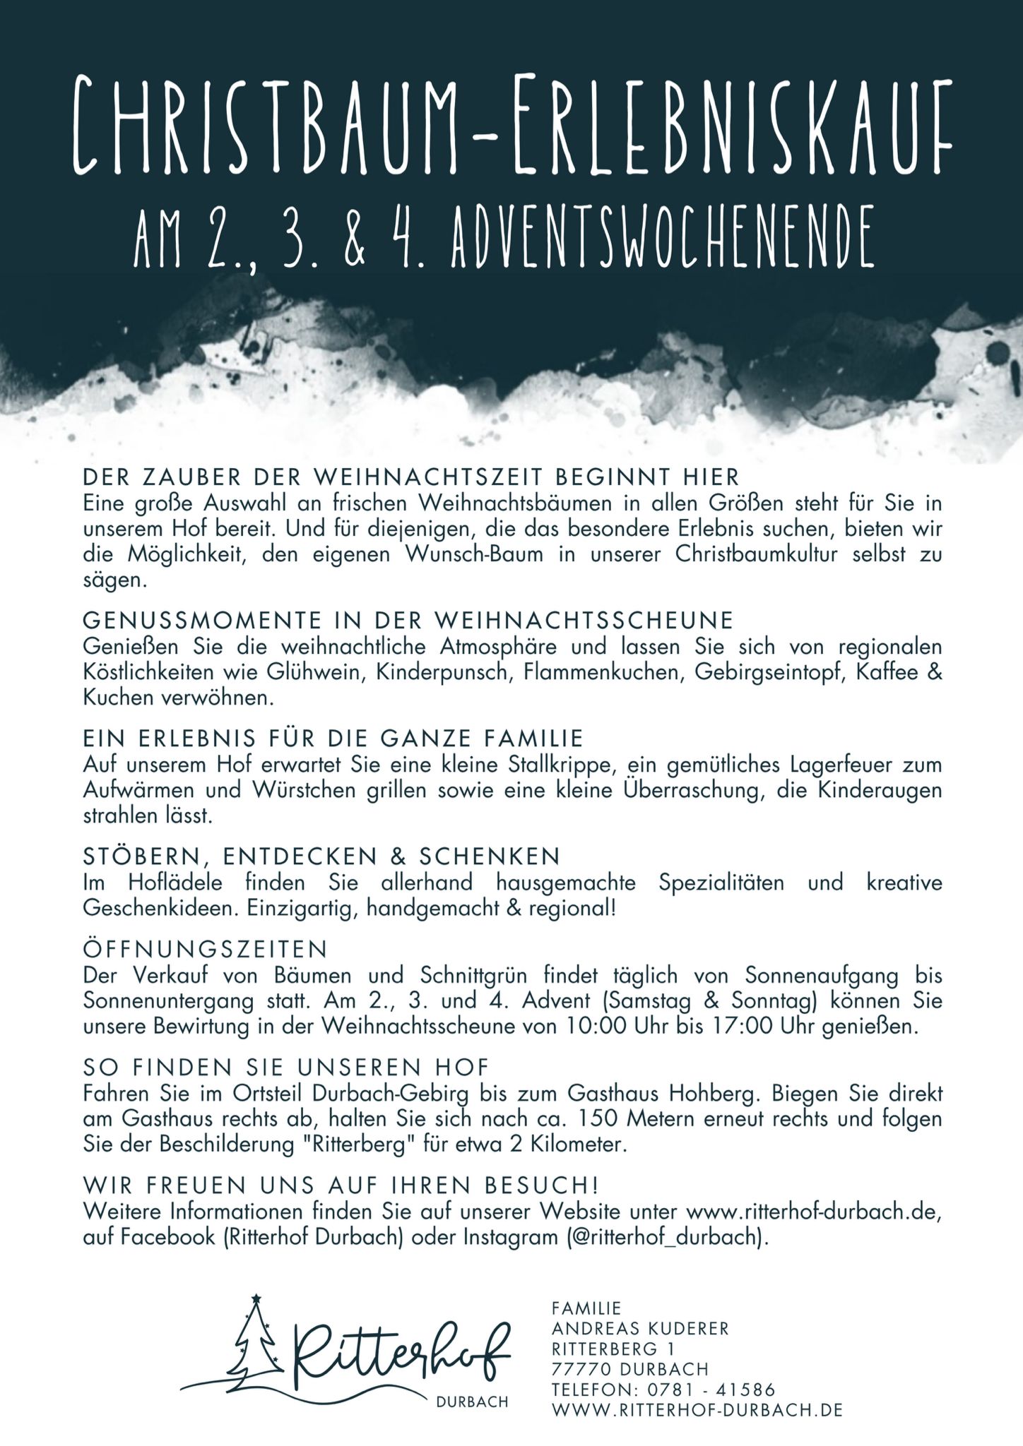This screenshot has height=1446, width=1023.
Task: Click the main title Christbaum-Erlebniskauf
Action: [x=512, y=125]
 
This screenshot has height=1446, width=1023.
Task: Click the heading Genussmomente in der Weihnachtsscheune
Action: [x=408, y=620]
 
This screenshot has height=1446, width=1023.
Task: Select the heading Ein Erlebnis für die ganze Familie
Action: [x=333, y=738]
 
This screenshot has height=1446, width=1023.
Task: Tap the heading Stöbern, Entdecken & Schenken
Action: [x=321, y=856]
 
